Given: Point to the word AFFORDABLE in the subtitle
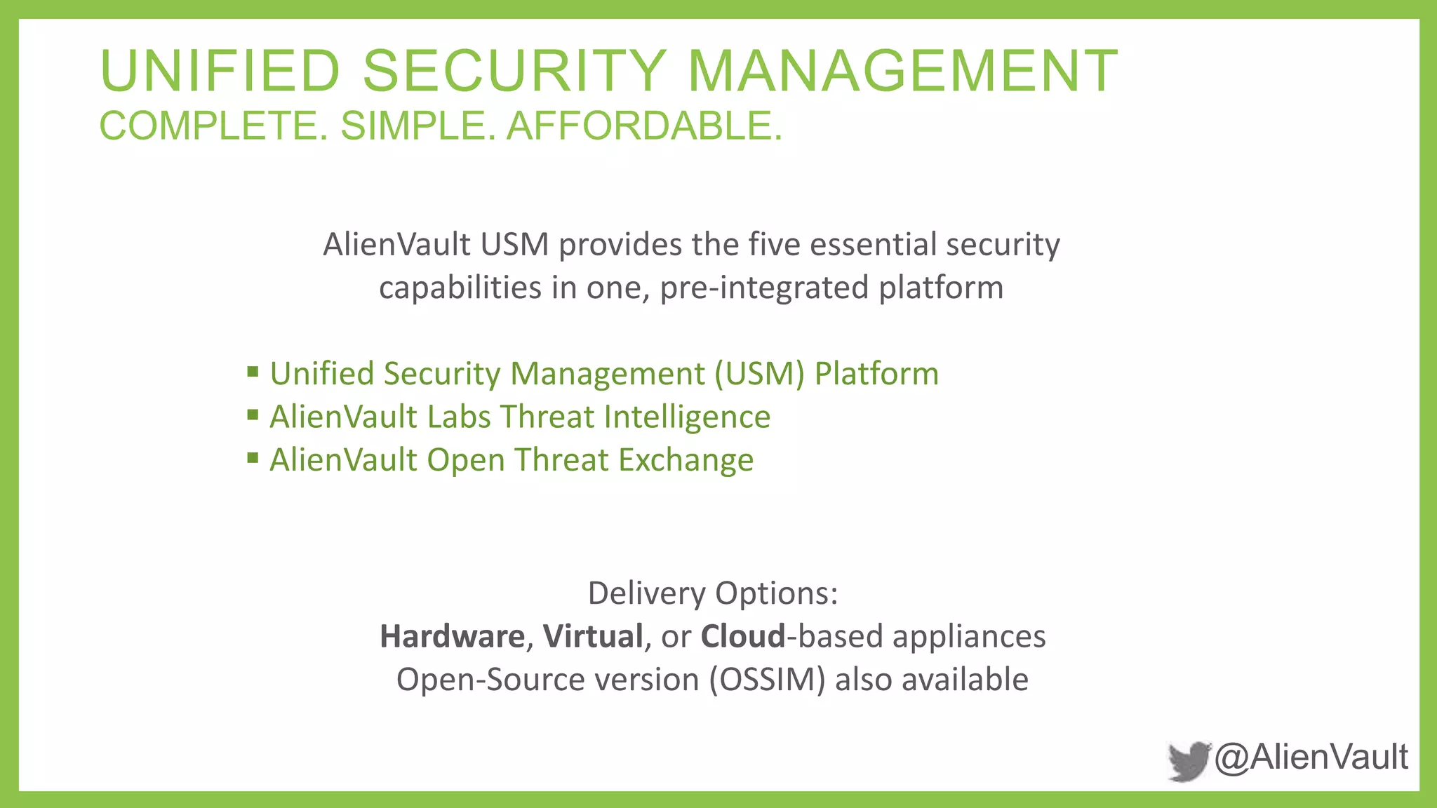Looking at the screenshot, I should [x=643, y=126].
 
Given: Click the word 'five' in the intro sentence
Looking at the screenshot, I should [x=773, y=245].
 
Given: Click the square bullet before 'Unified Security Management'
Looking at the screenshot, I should [x=253, y=371].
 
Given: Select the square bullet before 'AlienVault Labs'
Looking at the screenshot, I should [x=253, y=415].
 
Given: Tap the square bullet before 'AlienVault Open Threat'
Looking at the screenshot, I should [x=253, y=458].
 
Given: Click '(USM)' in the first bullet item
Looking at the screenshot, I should [x=759, y=374].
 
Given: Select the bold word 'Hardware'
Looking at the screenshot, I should [x=452, y=637].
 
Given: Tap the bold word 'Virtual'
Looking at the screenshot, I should [x=593, y=637].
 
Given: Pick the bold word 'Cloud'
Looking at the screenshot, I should [x=743, y=637].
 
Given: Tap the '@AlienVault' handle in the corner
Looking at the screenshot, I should [x=1311, y=757].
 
